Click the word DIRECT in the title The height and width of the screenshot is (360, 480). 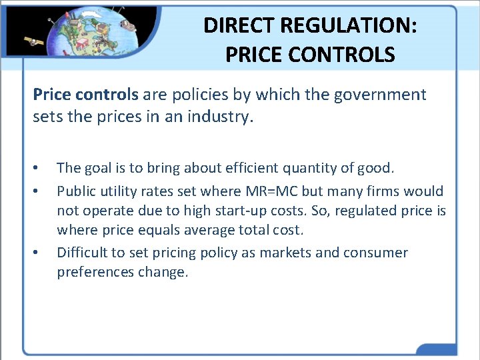(237, 25)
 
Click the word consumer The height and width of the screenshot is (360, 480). (375, 253)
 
